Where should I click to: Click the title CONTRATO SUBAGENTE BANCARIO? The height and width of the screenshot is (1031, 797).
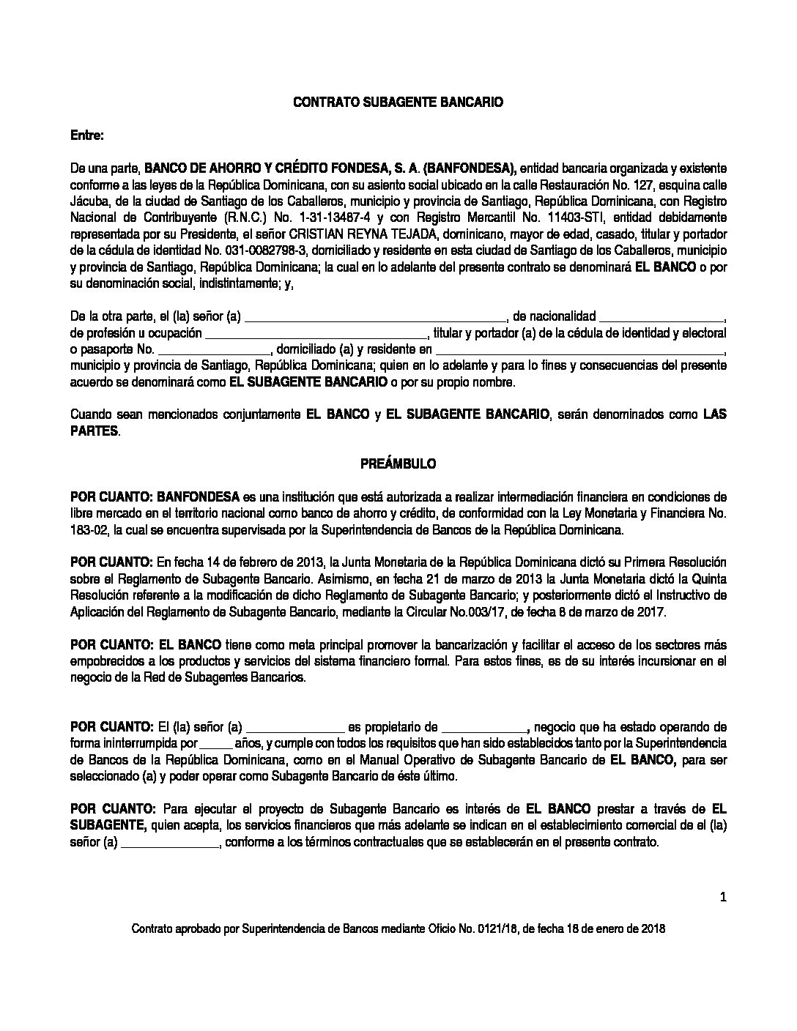pyautogui.click(x=398, y=103)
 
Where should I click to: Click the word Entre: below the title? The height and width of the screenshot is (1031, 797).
pyautogui.click(x=87, y=136)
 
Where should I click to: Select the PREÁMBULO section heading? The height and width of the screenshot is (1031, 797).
pyautogui.click(x=398, y=464)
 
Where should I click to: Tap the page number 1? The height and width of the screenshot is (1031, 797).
pyautogui.click(x=722, y=895)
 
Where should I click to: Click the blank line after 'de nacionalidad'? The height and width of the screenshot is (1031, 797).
pyautogui.click(x=661, y=316)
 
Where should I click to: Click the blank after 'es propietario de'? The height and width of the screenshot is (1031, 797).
pyautogui.click(x=484, y=727)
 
